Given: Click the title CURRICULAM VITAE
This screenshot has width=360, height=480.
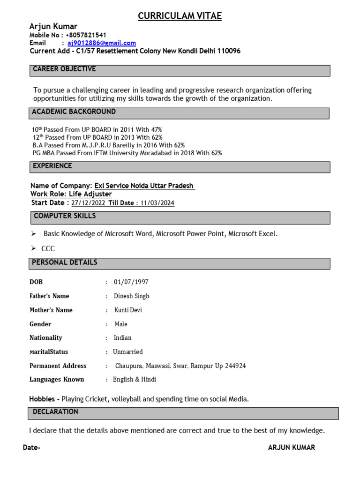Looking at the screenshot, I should pyautogui.click(x=180, y=16).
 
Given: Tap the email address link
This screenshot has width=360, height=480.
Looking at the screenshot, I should pyautogui.click(x=102, y=43).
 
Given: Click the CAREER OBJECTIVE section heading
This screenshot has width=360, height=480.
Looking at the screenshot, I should pyautogui.click(x=64, y=69).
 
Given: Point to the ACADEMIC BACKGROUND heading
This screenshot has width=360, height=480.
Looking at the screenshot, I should pyautogui.click(x=74, y=112).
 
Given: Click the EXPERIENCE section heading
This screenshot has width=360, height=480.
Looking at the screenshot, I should pyautogui.click(x=52, y=166).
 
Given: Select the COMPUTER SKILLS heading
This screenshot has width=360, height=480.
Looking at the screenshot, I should pyautogui.click(x=65, y=216).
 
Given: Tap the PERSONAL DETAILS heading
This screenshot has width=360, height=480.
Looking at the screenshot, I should pyautogui.click(x=65, y=262).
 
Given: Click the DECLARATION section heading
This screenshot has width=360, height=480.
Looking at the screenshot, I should pyautogui.click(x=55, y=412).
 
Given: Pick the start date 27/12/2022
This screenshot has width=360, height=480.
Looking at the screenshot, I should pyautogui.click(x=89, y=203).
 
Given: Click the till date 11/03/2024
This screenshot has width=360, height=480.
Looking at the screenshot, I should pyautogui.click(x=158, y=203).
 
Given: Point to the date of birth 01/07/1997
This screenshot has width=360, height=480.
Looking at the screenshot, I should pyautogui.click(x=131, y=282).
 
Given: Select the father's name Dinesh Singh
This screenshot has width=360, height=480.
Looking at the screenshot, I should pyautogui.click(x=131, y=296).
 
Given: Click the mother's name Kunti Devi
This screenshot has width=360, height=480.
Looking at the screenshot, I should pyautogui.click(x=128, y=310).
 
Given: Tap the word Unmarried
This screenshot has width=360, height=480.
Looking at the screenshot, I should pyautogui.click(x=128, y=352).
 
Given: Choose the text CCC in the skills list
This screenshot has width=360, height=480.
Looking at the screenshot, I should pyautogui.click(x=48, y=249).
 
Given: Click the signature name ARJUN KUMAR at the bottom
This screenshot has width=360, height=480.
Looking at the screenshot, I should pyautogui.click(x=291, y=448).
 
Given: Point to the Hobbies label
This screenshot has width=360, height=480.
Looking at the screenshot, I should pyautogui.click(x=44, y=399).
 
